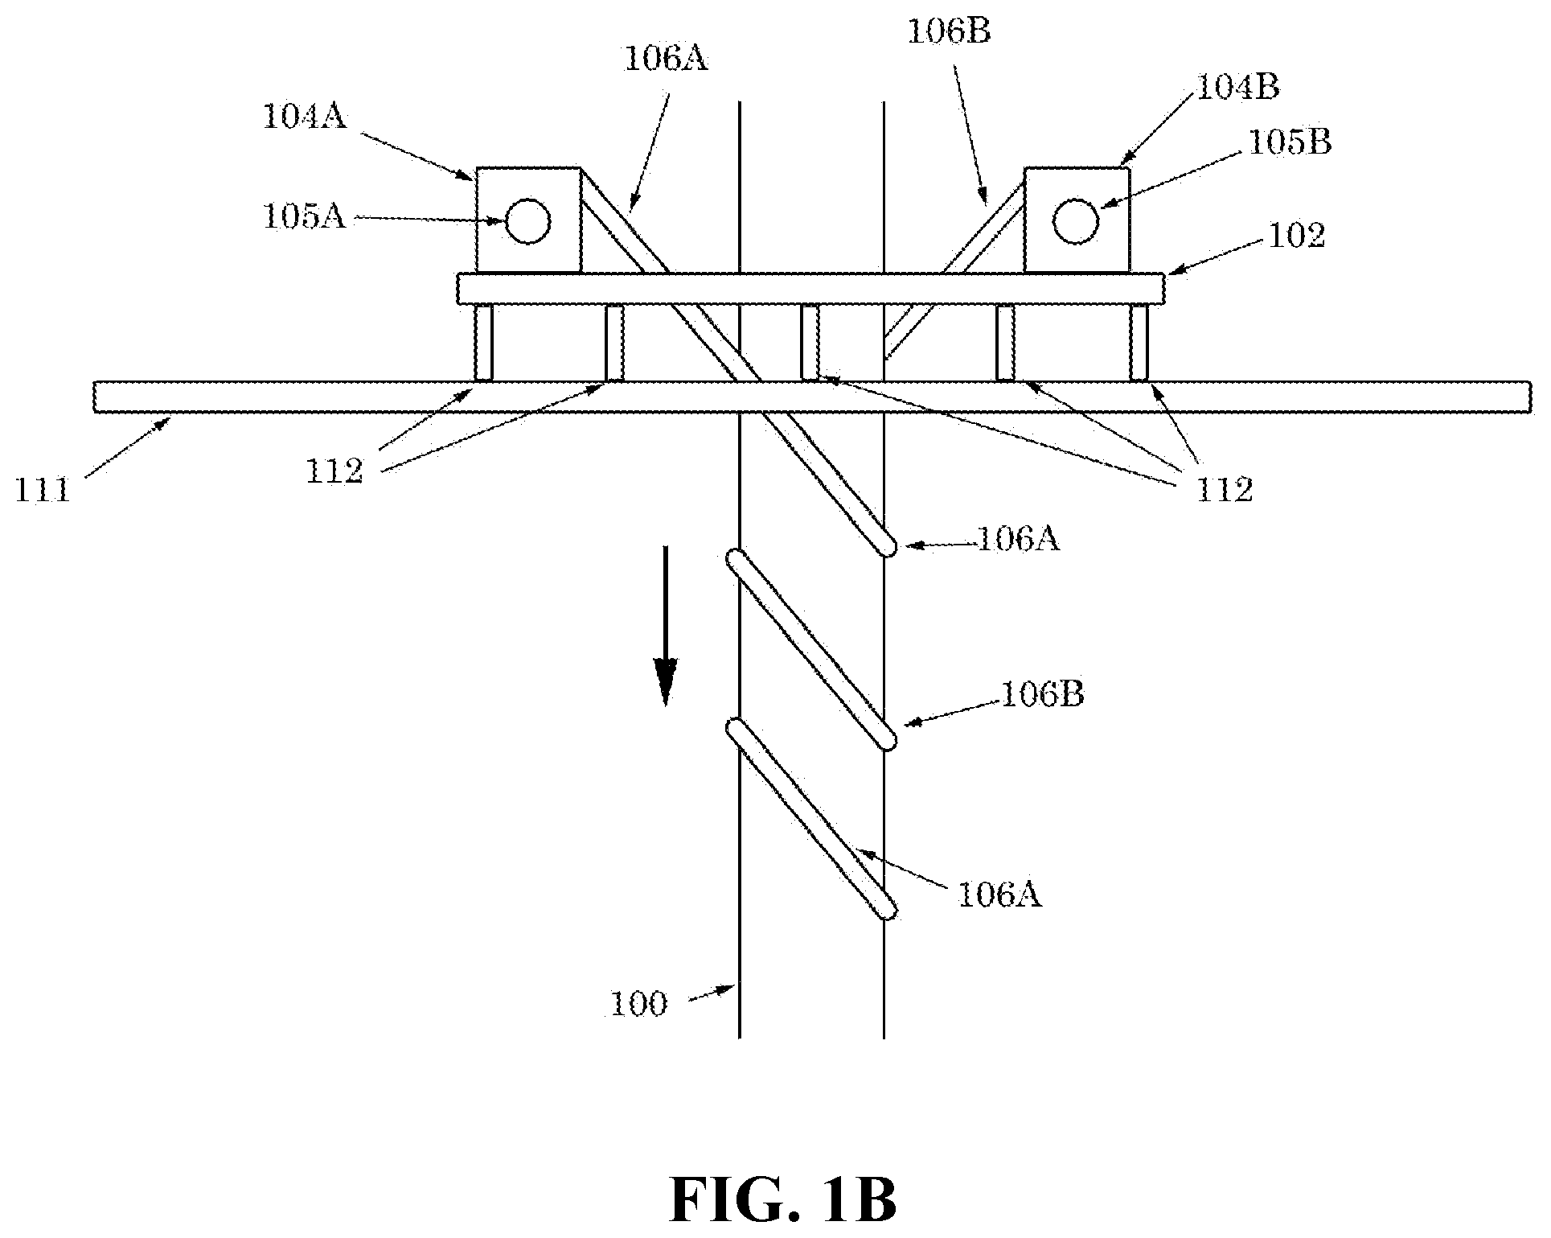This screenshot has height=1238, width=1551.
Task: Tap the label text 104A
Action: pyautogui.click(x=304, y=117)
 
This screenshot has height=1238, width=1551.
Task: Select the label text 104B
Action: pyautogui.click(x=1238, y=87)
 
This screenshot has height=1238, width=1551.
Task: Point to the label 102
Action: pyautogui.click(x=1296, y=236)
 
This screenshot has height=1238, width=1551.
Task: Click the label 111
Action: pyautogui.click(x=43, y=489)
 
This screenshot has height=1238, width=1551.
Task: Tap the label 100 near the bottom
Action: pyautogui.click(x=638, y=1004)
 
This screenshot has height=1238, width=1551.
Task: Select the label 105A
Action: pyautogui.click(x=305, y=216)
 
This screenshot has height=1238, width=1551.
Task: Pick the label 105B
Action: pyautogui.click(x=1290, y=142)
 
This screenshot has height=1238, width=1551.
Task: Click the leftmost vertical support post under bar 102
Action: pyautogui.click(x=483, y=343)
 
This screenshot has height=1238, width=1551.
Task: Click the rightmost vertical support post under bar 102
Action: pyautogui.click(x=1139, y=343)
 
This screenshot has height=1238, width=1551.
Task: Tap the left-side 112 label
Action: pyautogui.click(x=334, y=471)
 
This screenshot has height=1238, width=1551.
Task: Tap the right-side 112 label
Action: pyautogui.click(x=1225, y=489)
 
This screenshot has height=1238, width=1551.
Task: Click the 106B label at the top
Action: pyautogui.click(x=950, y=31)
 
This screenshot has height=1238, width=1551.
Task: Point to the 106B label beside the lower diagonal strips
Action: pyautogui.click(x=1042, y=694)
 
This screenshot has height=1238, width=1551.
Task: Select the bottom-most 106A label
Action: pyautogui.click(x=999, y=895)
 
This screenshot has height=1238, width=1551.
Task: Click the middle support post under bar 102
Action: pyautogui.click(x=810, y=343)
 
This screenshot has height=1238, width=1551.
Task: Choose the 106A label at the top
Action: pyautogui.click(x=667, y=60)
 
